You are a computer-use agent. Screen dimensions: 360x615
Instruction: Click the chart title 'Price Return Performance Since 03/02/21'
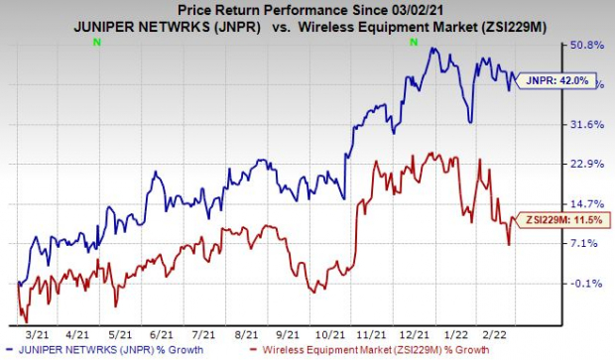point(307,9)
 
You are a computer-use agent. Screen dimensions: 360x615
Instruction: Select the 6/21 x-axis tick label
point(160,335)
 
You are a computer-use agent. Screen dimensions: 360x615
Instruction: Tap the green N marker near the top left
point(96,43)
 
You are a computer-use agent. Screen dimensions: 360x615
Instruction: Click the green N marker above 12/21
point(412,43)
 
